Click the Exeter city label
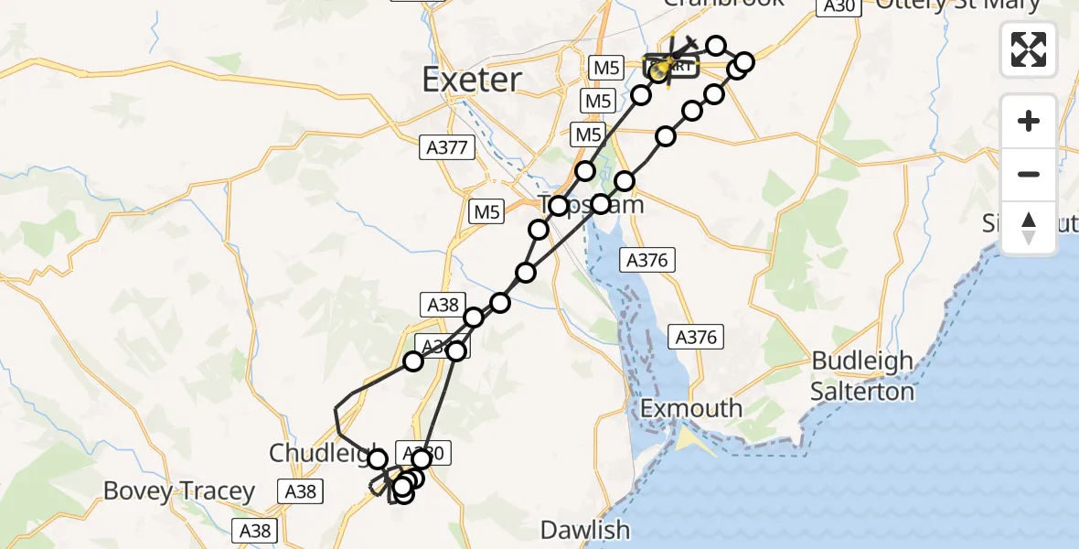click(x=471, y=80)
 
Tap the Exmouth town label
click(x=690, y=408)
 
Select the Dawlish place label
click(x=584, y=529)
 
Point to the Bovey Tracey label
click(x=178, y=491)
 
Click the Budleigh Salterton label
click(x=862, y=376)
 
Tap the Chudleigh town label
click(x=320, y=452)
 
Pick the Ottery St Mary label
click(x=957, y=5)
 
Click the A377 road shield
click(x=447, y=146)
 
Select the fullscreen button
click(x=1029, y=49)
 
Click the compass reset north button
click(x=1029, y=228)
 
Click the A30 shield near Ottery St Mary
click(x=837, y=5)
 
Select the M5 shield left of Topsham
click(x=486, y=212)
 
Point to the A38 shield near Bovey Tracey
click(x=300, y=491)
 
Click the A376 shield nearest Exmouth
click(x=697, y=337)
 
